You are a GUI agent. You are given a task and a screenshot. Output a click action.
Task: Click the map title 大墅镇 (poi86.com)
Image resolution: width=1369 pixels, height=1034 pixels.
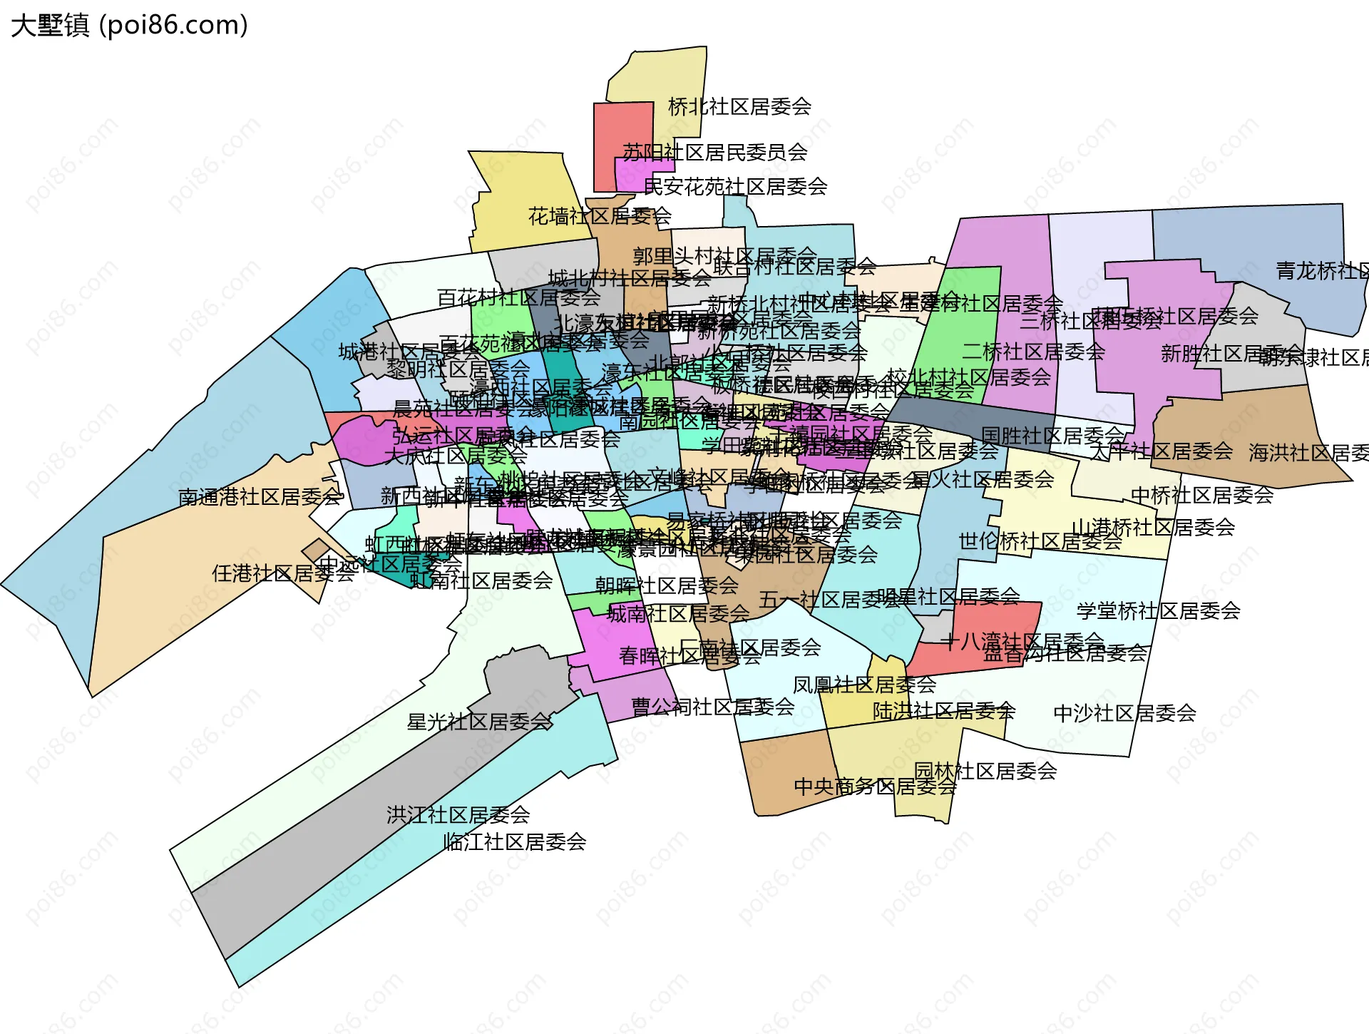(129, 26)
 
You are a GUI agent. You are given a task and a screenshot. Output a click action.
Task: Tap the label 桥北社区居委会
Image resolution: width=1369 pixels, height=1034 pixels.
(739, 107)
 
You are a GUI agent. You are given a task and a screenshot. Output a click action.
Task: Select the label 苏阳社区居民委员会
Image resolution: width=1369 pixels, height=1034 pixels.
(714, 152)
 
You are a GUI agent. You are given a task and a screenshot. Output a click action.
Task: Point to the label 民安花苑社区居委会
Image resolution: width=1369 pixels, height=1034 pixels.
(735, 187)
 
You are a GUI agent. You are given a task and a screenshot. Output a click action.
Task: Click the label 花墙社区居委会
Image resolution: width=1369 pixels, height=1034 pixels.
(600, 216)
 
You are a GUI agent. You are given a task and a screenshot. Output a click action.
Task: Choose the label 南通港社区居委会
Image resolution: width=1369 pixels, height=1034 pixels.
(260, 496)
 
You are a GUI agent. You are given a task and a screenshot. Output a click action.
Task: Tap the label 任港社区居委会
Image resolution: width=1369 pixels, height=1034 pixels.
(283, 573)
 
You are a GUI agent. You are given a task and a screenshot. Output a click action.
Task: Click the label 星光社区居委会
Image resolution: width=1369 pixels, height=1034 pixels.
(479, 722)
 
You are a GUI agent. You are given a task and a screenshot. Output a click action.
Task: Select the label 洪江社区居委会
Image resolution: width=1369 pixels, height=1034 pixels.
(458, 814)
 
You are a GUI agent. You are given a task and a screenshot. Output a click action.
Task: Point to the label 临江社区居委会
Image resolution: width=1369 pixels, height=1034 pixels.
(515, 842)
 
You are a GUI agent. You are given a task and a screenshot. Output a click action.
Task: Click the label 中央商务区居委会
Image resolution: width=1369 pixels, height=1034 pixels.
(875, 787)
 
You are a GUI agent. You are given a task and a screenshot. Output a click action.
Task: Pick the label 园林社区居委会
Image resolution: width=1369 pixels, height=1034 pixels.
(985, 771)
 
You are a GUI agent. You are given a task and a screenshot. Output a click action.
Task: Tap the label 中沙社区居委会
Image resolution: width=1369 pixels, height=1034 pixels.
(1124, 713)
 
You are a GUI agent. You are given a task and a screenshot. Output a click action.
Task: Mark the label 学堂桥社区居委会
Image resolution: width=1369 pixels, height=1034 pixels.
(1158, 611)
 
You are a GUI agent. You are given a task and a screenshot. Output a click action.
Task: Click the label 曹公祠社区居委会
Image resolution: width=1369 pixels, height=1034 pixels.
(713, 707)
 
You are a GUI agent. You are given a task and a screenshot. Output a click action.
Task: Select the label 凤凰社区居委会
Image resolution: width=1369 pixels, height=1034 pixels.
(864, 685)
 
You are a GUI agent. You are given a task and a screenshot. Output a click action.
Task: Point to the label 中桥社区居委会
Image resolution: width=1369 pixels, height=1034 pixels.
(1202, 495)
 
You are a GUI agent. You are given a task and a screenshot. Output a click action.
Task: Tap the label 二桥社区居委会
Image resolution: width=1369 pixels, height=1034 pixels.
(1033, 352)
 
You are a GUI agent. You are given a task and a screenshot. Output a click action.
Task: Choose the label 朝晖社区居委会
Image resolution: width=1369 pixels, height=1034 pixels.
(667, 585)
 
